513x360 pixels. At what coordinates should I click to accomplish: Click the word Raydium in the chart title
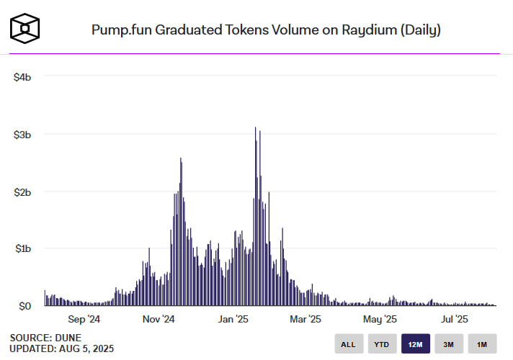click(352, 30)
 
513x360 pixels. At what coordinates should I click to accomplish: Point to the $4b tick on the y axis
click(22, 76)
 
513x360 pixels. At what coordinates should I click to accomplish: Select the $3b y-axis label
click(22, 134)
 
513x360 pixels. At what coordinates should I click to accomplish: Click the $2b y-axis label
click(22, 192)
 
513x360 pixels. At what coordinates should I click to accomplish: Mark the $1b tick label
click(22, 248)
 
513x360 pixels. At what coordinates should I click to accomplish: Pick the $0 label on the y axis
click(25, 306)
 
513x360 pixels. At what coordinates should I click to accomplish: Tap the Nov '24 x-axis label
click(159, 319)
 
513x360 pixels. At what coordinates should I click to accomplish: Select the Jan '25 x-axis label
click(233, 319)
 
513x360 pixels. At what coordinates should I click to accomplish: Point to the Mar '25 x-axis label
click(305, 319)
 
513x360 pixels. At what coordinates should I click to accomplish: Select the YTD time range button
click(382, 344)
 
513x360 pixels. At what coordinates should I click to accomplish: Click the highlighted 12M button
click(415, 344)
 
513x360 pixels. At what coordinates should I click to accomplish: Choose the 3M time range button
click(448, 344)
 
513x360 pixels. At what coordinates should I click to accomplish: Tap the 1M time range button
click(482, 344)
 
